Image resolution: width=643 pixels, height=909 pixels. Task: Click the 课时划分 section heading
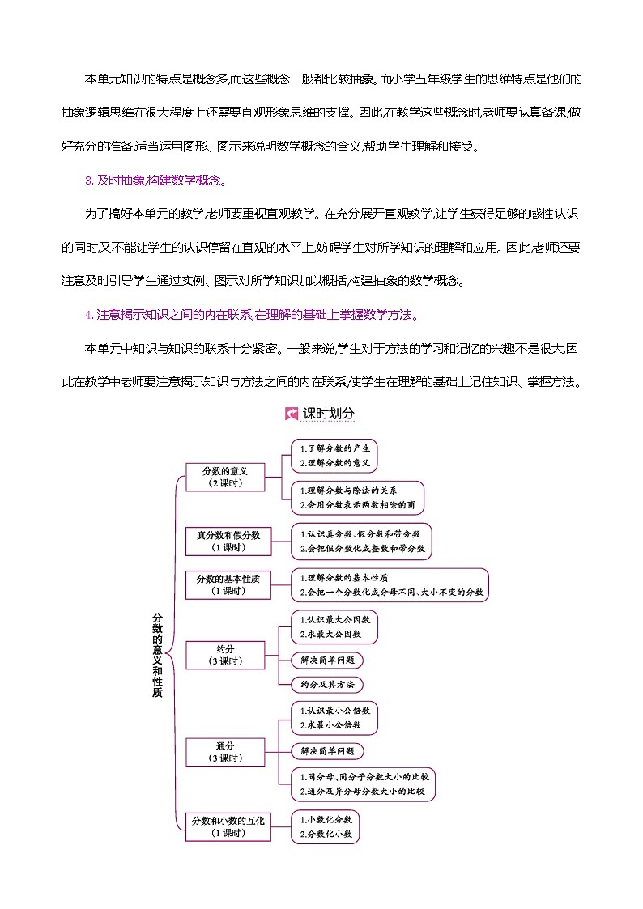328,413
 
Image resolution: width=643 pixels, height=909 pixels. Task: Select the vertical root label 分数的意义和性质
157,655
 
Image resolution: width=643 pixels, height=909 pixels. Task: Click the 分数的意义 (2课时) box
225,477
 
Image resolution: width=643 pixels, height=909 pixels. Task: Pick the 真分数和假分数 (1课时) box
228,541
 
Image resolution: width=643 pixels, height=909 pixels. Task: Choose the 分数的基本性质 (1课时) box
228,584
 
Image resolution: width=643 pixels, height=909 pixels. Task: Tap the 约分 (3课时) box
225,655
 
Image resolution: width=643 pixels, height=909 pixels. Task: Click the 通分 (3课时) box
225,751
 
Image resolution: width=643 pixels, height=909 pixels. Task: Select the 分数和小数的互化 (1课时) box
228,826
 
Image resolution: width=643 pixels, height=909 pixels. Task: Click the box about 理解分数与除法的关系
358,498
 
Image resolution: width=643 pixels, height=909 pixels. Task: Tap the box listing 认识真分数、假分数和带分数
361,541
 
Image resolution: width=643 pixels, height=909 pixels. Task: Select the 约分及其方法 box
327,684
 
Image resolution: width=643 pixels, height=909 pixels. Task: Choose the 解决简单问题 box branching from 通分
327,751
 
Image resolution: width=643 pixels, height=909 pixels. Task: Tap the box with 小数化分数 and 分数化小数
326,826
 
